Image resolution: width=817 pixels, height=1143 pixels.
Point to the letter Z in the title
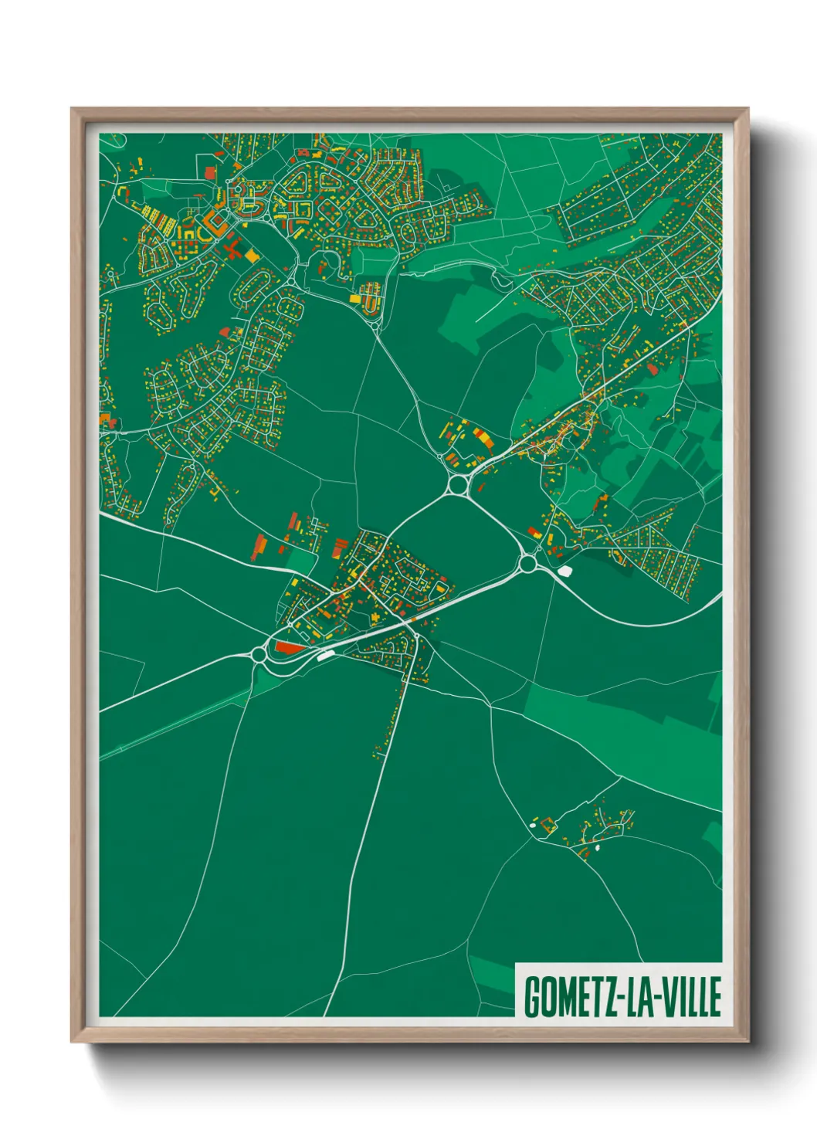click(608, 997)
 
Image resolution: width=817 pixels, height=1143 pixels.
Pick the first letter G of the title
click(532, 997)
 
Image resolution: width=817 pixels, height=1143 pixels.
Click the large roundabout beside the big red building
click(258, 654)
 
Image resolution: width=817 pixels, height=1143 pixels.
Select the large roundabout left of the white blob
click(528, 564)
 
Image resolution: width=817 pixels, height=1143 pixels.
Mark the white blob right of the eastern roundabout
click(564, 571)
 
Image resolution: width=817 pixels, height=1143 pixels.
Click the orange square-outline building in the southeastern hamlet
click(547, 824)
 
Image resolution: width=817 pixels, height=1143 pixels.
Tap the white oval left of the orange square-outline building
click(532, 827)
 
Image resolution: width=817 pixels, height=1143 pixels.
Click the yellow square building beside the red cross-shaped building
click(253, 256)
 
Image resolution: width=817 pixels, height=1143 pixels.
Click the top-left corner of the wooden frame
click(73, 110)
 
